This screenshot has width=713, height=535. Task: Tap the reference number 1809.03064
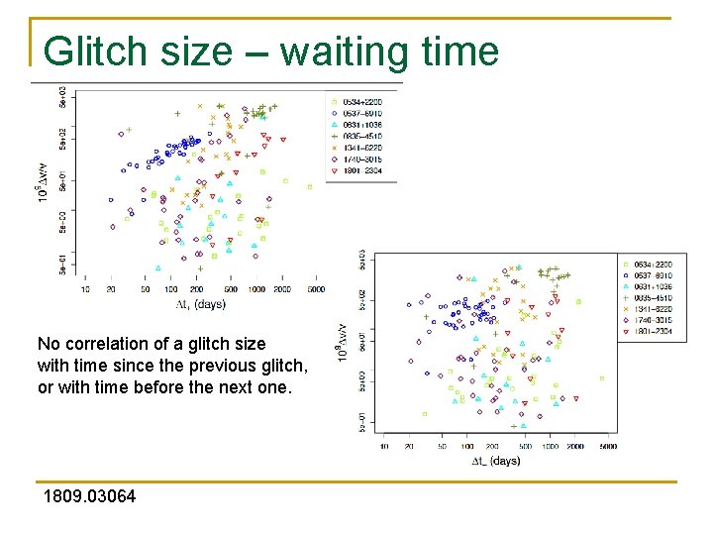pyautogui.click(x=89, y=496)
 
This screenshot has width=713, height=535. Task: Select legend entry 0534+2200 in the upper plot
pyautogui.click(x=362, y=102)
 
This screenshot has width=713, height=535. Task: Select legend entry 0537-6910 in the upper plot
pyautogui.click(x=362, y=114)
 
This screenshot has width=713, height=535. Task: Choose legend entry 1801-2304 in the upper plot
pyautogui.click(x=362, y=170)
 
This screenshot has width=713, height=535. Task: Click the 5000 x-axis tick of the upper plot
pyautogui.click(x=315, y=289)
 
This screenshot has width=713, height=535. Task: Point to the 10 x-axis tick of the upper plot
pyautogui.click(x=84, y=289)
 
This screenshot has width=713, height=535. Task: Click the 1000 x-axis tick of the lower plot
pyautogui.click(x=550, y=447)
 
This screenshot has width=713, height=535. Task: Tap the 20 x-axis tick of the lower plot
pyautogui.click(x=409, y=447)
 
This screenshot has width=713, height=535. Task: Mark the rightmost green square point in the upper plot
pyautogui.click(x=309, y=185)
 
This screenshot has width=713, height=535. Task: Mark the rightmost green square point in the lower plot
pyautogui.click(x=601, y=377)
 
